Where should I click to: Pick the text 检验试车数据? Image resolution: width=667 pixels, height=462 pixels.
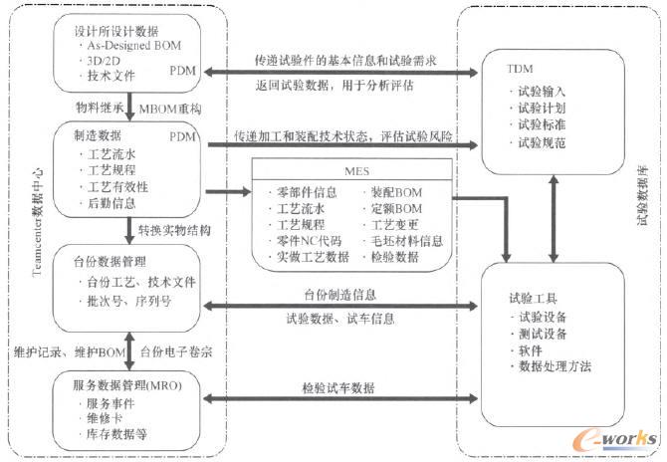(338, 387)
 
